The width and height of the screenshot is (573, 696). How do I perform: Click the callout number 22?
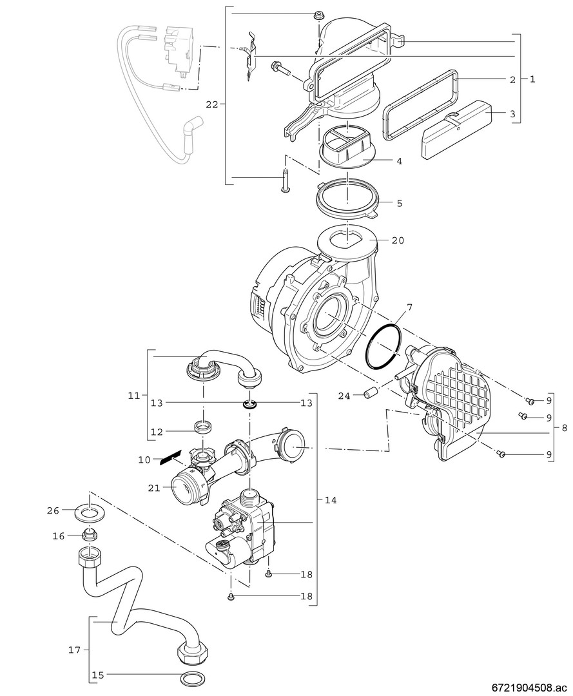click(212, 104)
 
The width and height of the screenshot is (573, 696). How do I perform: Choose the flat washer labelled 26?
click(90, 514)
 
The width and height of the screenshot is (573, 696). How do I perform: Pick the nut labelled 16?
click(90, 535)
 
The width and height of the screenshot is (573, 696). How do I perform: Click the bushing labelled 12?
click(204, 426)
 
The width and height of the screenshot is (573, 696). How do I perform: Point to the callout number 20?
click(398, 240)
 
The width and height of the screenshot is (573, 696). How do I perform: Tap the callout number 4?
click(399, 161)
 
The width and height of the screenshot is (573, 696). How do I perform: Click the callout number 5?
click(399, 203)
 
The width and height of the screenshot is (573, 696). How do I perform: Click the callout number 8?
click(564, 427)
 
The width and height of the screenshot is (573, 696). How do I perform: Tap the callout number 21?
click(154, 488)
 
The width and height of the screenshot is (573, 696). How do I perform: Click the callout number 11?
click(134, 396)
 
